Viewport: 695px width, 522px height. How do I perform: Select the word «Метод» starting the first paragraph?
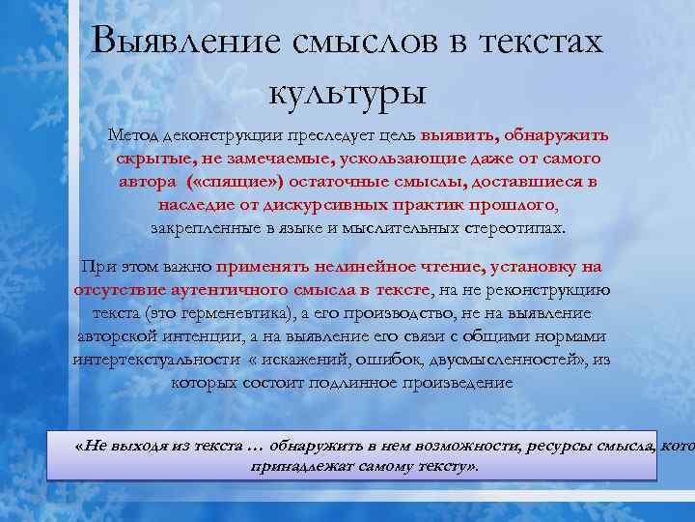tap(135, 135)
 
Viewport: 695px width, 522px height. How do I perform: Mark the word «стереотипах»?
tap(514, 228)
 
